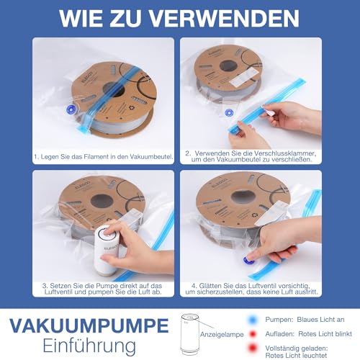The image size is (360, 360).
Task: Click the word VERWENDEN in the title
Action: [x=224, y=18]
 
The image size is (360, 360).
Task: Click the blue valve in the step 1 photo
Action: [x=71, y=109]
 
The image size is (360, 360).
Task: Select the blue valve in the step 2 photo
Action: [x=229, y=112]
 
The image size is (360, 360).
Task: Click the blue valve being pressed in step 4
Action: [x=248, y=260]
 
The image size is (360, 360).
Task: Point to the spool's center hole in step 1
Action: [x=113, y=89]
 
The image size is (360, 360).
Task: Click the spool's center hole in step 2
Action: [x=228, y=66]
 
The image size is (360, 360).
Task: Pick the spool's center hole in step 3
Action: [x=102, y=201]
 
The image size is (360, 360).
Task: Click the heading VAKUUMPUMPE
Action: [x=89, y=325]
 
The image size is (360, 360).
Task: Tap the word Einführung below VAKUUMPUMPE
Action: [x=89, y=346]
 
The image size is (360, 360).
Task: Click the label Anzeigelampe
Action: [x=222, y=335]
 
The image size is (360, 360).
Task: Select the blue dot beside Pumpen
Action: [x=253, y=320]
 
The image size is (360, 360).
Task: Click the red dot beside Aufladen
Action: [x=253, y=334]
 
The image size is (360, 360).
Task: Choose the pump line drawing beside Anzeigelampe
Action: [x=189, y=334]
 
